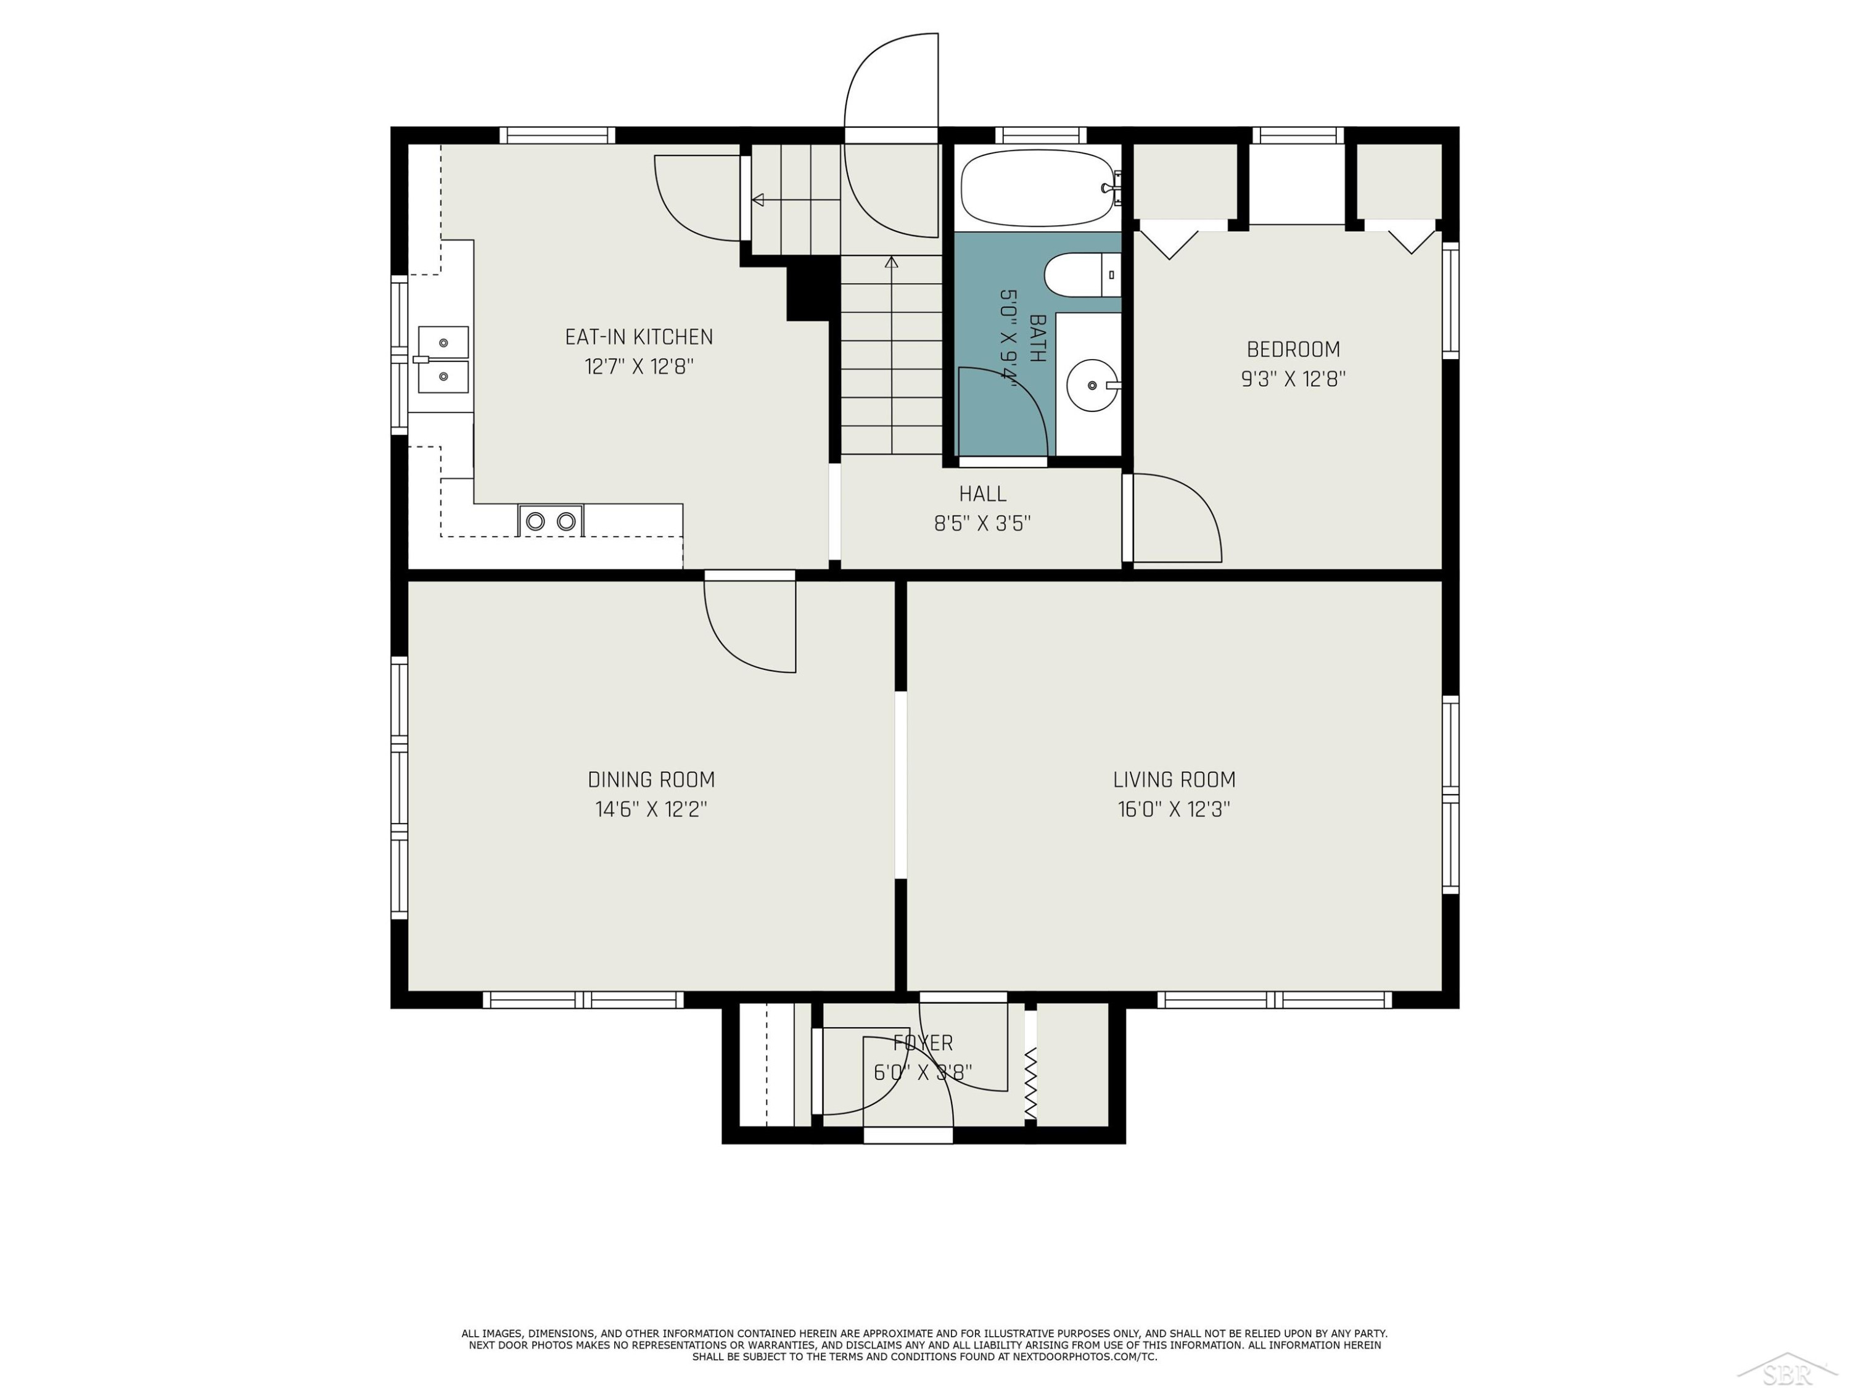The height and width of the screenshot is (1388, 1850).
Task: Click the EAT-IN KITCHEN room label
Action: [x=639, y=337]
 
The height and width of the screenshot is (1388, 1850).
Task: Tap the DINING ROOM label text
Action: [x=652, y=780]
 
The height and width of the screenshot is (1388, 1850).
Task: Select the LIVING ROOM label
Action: [x=1174, y=780]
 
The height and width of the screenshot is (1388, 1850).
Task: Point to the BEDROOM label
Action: [x=1293, y=350]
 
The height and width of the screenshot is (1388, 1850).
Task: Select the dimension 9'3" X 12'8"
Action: [x=1293, y=379]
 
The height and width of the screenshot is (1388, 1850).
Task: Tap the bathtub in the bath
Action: [x=1038, y=188]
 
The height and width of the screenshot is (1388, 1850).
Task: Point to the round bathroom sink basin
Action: [x=1092, y=386]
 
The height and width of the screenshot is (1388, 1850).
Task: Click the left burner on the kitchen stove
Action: [x=535, y=522]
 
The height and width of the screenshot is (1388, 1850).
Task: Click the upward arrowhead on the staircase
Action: [x=892, y=262]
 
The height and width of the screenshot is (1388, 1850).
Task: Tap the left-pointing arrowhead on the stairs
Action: [x=758, y=200]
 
